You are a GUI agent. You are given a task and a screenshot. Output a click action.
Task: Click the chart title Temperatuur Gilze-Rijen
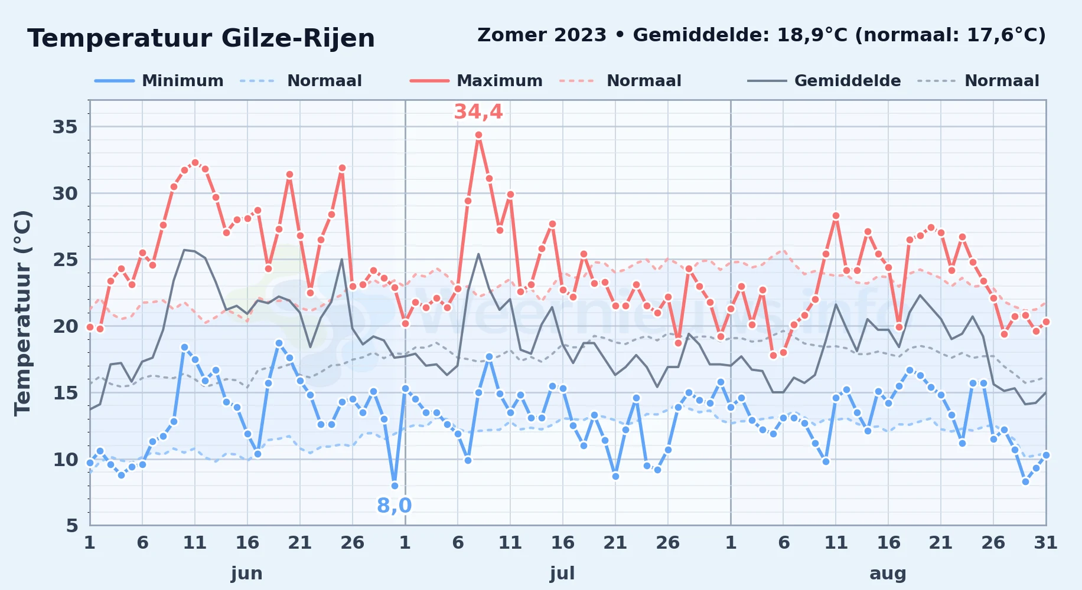pos(201,38)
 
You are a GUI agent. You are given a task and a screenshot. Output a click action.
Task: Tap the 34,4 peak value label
pos(478,112)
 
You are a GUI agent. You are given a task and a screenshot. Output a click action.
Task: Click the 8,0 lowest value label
pos(394,506)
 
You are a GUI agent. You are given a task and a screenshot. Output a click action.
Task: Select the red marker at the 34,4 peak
pos(478,135)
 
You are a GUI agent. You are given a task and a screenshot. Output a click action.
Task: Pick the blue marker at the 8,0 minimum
pos(395,486)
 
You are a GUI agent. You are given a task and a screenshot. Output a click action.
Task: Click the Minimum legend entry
pos(159,81)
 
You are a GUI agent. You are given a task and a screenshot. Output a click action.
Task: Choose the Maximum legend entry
pos(476,81)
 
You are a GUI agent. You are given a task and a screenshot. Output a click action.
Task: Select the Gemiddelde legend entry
pos(824,81)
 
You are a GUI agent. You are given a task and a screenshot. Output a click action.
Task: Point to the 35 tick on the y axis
pos(65,127)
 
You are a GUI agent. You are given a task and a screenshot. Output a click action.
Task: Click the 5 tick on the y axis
pos(71,526)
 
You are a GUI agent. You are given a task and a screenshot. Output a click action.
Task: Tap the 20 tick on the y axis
pos(65,326)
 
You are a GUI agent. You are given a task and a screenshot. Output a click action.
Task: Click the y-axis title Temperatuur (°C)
pos(22,313)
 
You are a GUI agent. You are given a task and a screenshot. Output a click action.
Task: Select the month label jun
pos(247,573)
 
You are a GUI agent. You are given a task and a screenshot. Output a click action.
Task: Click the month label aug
pos(888,573)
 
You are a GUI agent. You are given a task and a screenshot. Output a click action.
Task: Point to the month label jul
pos(562,573)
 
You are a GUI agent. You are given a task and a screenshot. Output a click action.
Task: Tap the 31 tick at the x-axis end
pos(1045,542)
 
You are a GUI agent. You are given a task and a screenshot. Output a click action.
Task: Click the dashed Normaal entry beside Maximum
pos(620,81)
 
